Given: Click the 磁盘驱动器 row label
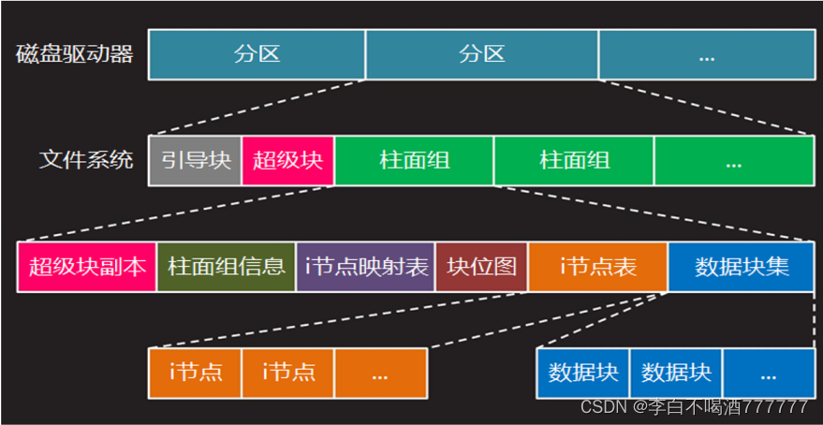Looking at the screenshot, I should [x=75, y=54].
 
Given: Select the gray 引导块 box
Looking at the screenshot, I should [x=195, y=160].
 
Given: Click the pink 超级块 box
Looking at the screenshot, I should [x=287, y=160].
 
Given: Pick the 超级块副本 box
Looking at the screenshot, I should [x=87, y=267].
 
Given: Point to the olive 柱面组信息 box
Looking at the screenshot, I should [x=226, y=267].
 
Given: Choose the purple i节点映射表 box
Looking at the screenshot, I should [x=365, y=267].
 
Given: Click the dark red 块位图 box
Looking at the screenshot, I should [x=481, y=267].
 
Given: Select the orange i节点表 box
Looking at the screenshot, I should [x=597, y=267].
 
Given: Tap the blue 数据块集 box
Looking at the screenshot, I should [x=742, y=267].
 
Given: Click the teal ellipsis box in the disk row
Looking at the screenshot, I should [x=706, y=54].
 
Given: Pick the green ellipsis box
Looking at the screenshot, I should [x=733, y=160].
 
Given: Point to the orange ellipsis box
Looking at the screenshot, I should [x=379, y=373].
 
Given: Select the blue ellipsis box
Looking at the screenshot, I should [x=769, y=373].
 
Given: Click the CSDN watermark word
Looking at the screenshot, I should [x=604, y=407].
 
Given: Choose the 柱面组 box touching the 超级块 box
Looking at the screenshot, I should [x=414, y=160].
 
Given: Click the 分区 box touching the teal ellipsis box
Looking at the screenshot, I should [x=482, y=54].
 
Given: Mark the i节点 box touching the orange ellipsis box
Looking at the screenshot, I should [x=287, y=373].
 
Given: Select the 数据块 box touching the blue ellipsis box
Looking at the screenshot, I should [x=676, y=373].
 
